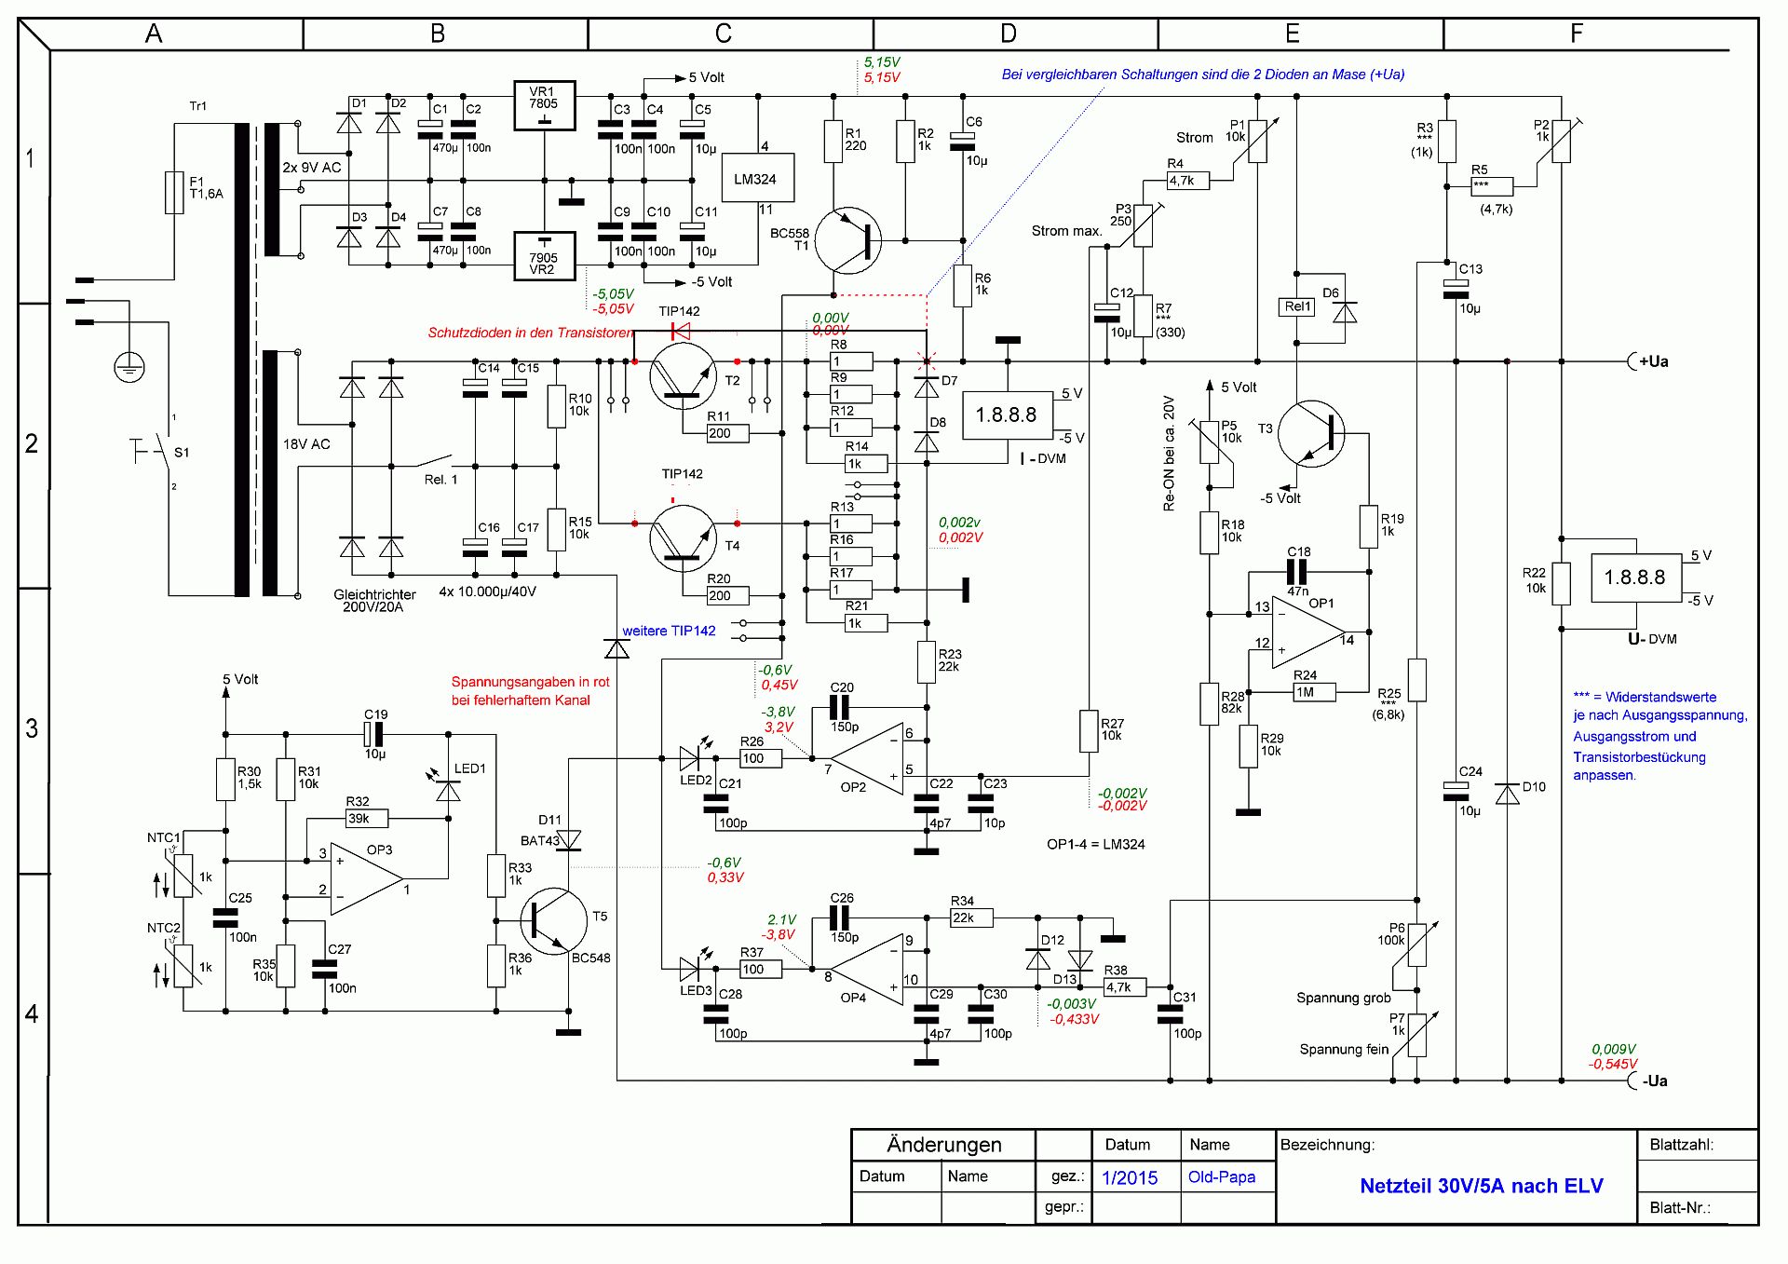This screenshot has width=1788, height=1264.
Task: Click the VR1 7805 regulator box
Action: point(545,105)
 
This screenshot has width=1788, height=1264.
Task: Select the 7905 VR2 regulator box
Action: point(545,256)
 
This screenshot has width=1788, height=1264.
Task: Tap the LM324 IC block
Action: point(758,178)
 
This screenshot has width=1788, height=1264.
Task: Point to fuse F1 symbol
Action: point(174,192)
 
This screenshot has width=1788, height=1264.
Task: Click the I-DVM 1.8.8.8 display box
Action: point(1006,415)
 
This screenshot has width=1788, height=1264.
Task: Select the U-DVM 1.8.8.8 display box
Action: point(1634,578)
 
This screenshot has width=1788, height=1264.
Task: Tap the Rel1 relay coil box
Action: point(1298,306)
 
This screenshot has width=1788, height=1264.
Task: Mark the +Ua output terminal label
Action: point(1653,361)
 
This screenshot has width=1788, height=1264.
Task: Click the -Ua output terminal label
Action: point(1654,1081)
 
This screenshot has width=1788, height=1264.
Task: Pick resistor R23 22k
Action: point(927,661)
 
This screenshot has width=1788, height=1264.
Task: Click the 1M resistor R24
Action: point(1314,692)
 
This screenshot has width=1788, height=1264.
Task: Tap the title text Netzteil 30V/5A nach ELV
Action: point(1481,1186)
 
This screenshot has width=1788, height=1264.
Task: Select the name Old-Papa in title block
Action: point(1221,1177)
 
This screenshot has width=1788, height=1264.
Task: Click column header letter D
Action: point(1009,34)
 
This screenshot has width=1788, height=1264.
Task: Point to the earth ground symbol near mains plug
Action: point(129,368)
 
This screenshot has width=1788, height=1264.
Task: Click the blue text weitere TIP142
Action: point(669,631)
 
